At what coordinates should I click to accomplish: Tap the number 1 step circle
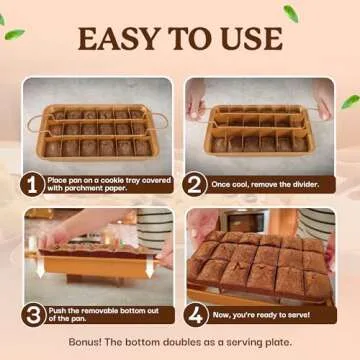point(34,184)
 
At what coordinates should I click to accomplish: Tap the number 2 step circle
point(195,184)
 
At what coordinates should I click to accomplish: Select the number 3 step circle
point(34,314)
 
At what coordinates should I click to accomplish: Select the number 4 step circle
point(195,314)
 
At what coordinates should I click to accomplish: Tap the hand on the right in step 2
point(323,95)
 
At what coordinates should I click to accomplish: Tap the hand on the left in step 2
point(196,95)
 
